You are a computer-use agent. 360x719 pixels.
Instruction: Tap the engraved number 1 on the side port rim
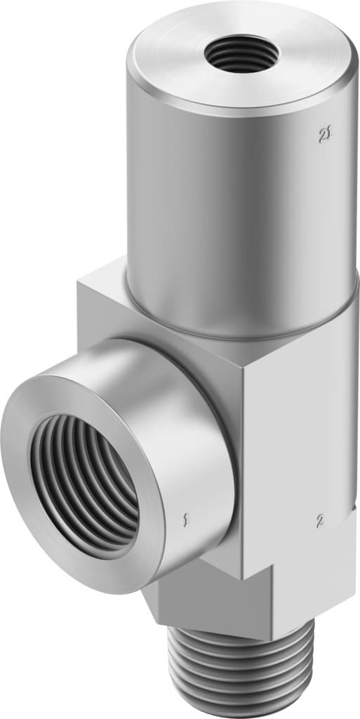coord(185,520)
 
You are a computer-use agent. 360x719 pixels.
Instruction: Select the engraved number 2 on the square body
coord(320,520)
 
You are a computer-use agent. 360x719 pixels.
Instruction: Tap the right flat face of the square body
coord(302,435)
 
